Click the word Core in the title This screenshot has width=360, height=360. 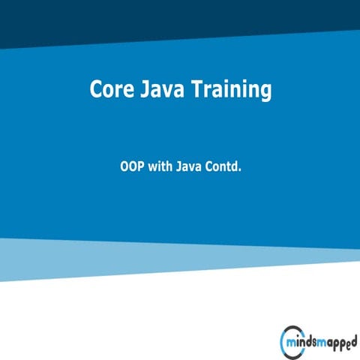109,90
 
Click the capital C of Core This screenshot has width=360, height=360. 96,90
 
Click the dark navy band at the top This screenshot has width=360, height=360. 180,19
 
